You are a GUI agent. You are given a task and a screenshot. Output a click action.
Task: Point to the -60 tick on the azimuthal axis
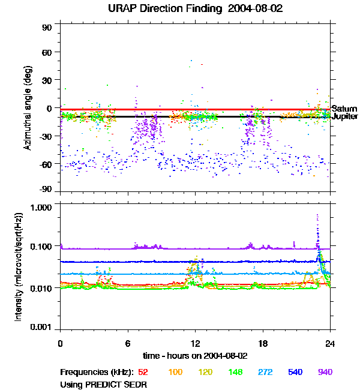tap(46, 163)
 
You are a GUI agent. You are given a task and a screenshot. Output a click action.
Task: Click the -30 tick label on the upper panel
tap(46, 136)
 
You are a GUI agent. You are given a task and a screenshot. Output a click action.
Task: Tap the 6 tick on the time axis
tap(128, 343)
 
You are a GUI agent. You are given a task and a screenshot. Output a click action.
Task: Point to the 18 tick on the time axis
tap(262, 343)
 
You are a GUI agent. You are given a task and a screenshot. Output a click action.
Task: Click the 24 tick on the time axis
tap(330, 343)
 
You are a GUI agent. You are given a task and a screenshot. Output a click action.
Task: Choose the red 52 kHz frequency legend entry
tap(143, 372)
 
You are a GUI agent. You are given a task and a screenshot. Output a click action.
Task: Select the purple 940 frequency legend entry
tap(325, 372)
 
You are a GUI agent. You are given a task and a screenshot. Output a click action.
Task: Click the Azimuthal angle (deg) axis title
tap(28, 108)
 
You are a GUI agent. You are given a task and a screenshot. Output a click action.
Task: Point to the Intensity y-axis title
tap(19, 268)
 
